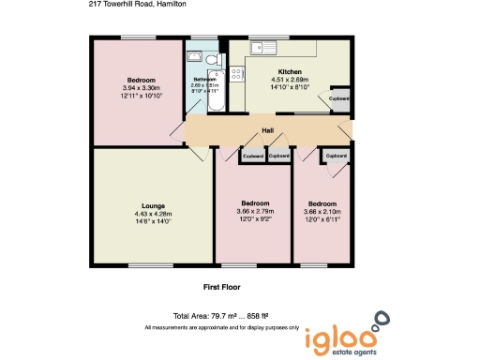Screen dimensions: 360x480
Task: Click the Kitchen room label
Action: pyautogui.click(x=288, y=72)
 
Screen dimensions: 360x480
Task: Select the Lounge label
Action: pyautogui.click(x=153, y=205)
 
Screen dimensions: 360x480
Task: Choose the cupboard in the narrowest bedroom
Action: pyautogui.click(x=335, y=155)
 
